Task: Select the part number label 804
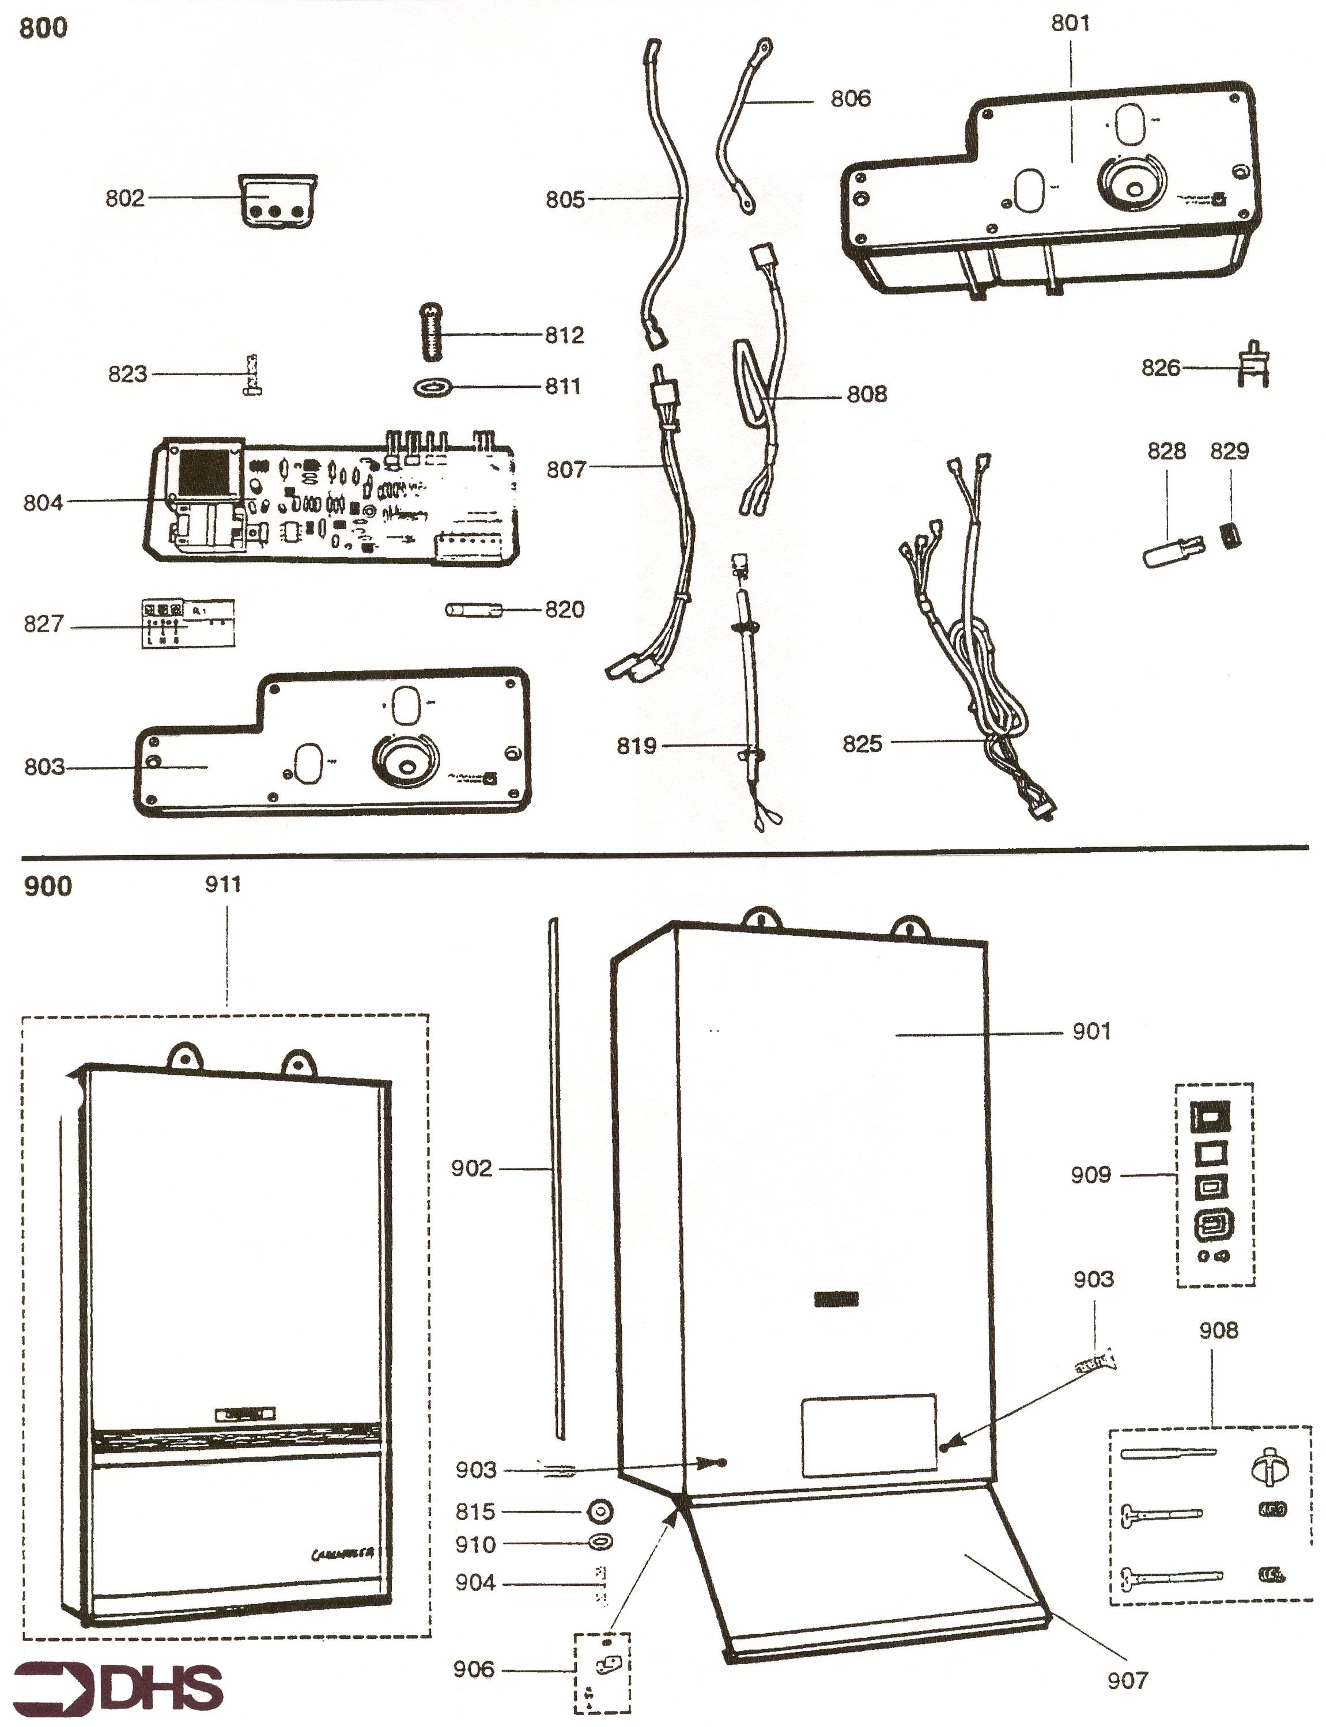43,502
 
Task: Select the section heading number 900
47,886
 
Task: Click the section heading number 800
43,28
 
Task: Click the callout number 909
1091,1176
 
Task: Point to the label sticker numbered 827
188,623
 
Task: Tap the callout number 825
862,743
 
